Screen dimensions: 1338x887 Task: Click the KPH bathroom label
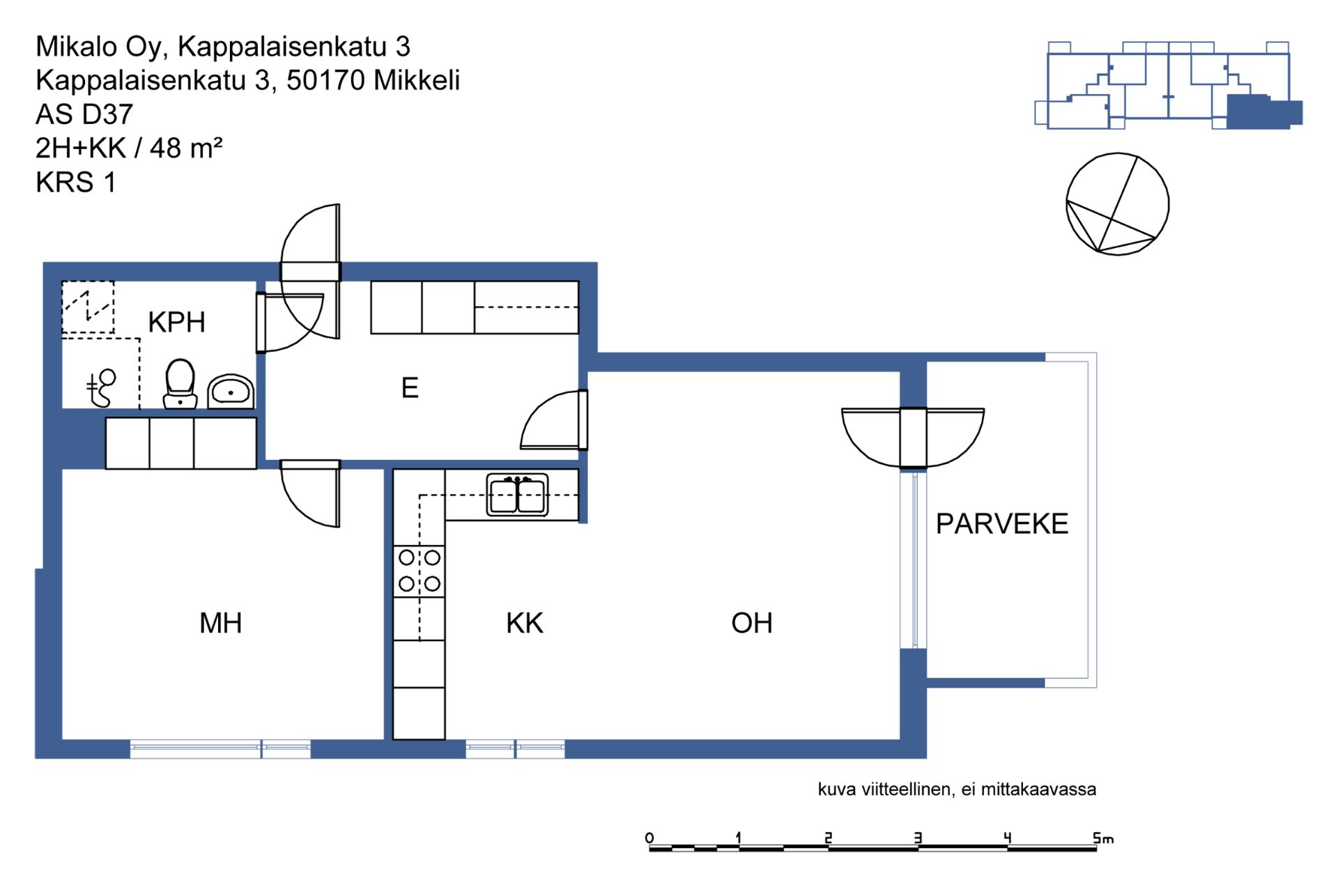176,323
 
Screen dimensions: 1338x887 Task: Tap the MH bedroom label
220,623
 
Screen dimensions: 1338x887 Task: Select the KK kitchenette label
524,623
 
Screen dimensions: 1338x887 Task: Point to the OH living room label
751,623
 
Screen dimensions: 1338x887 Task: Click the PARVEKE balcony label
1001,524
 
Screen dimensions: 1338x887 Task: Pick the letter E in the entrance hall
410,387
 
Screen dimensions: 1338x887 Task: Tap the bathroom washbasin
231,392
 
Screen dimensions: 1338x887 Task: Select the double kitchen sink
517,495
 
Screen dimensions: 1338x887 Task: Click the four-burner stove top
419,571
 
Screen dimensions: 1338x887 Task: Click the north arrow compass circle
1118,204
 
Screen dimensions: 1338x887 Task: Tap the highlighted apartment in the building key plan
1263,111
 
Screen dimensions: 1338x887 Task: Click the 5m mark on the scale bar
1102,838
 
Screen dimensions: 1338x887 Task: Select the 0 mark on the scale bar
649,838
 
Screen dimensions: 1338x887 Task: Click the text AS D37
84,114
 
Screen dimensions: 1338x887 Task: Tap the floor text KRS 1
76,183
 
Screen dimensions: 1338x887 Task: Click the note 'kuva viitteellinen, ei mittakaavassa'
957,789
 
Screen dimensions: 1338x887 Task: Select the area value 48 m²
186,148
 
